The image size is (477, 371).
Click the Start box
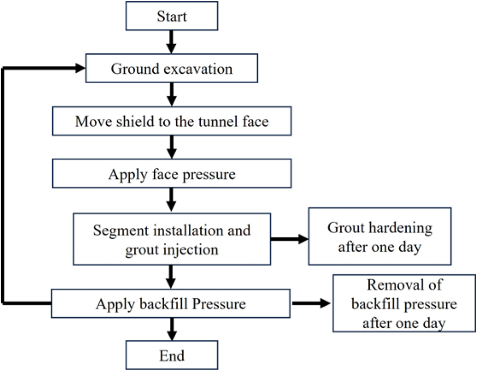coord(172,16)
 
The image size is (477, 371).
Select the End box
coord(172,355)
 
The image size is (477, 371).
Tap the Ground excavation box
coord(172,68)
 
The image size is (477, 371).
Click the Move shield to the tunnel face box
coord(172,121)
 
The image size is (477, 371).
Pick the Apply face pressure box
coord(172,173)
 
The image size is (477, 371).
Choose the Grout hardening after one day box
coord(380,236)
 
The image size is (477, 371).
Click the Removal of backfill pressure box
coord(404,303)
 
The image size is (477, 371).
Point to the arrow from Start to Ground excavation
coord(171,42)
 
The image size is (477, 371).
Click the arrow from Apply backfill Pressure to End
coord(172,329)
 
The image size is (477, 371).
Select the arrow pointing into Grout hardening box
coord(290,239)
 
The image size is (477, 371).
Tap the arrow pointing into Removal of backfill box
coord(311,303)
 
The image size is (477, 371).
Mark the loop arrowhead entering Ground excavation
coord(81,68)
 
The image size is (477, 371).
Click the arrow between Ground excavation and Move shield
coord(172,95)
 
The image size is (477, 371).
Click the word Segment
coord(121,231)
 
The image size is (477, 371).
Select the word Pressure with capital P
coord(219,304)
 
